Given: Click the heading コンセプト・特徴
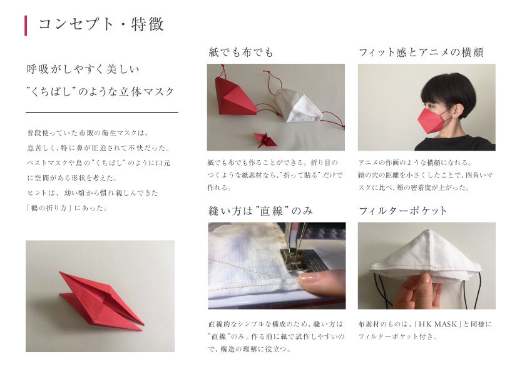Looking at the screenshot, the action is (x=101, y=25).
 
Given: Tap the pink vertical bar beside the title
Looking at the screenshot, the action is (x=26, y=26).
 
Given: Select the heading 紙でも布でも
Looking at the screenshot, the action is (x=240, y=53).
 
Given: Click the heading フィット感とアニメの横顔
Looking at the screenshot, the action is (x=421, y=53).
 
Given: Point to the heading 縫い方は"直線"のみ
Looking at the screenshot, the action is (x=260, y=211).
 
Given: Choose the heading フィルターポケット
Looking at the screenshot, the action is (x=403, y=211).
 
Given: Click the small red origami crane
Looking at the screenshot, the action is (x=265, y=140).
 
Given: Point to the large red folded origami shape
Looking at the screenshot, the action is (x=101, y=301).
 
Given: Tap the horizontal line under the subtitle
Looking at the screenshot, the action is (x=102, y=112).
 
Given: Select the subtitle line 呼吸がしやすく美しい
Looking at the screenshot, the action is (x=83, y=69).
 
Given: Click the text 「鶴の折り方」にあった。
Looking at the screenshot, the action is (x=67, y=208).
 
